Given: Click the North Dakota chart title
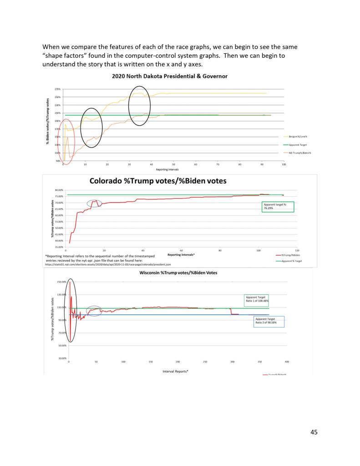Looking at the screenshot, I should click(x=170, y=76).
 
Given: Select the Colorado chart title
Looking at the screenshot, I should click(x=158, y=181).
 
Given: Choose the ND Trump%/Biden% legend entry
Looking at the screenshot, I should click(x=300, y=153).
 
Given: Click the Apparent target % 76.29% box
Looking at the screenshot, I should click(x=278, y=206).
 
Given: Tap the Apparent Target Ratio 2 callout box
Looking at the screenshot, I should click(x=269, y=321).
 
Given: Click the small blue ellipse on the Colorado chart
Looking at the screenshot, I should click(x=95, y=203).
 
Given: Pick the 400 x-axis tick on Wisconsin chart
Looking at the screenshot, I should click(x=287, y=361).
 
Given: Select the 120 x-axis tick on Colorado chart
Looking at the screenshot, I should click(x=297, y=251).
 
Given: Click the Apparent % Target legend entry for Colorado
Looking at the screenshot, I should click(x=293, y=261).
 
